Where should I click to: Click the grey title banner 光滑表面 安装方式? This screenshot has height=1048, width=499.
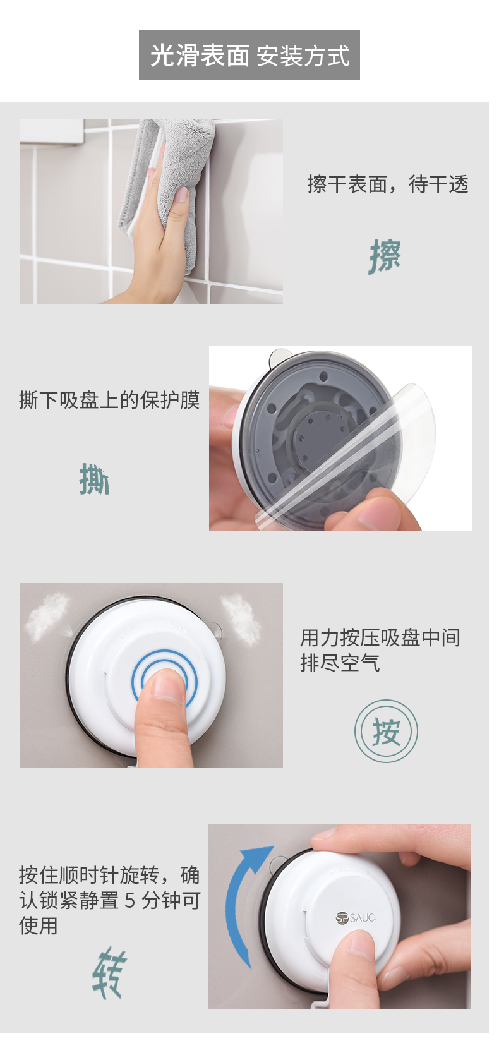[x=249, y=55]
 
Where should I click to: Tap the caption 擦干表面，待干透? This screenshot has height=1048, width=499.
[x=388, y=184]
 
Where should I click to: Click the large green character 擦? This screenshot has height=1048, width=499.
[x=385, y=256]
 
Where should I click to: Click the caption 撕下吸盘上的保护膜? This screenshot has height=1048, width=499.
[x=109, y=400]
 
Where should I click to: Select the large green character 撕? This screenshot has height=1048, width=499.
[x=95, y=479]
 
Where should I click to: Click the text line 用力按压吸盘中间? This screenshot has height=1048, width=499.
[x=380, y=637]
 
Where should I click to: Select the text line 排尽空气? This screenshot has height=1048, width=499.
[x=340, y=663]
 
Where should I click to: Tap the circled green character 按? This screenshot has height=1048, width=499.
[x=387, y=732]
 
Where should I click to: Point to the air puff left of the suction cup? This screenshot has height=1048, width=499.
[x=47, y=616]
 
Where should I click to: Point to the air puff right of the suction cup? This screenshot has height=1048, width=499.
[x=241, y=618]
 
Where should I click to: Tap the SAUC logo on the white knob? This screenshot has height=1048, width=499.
[x=356, y=918]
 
